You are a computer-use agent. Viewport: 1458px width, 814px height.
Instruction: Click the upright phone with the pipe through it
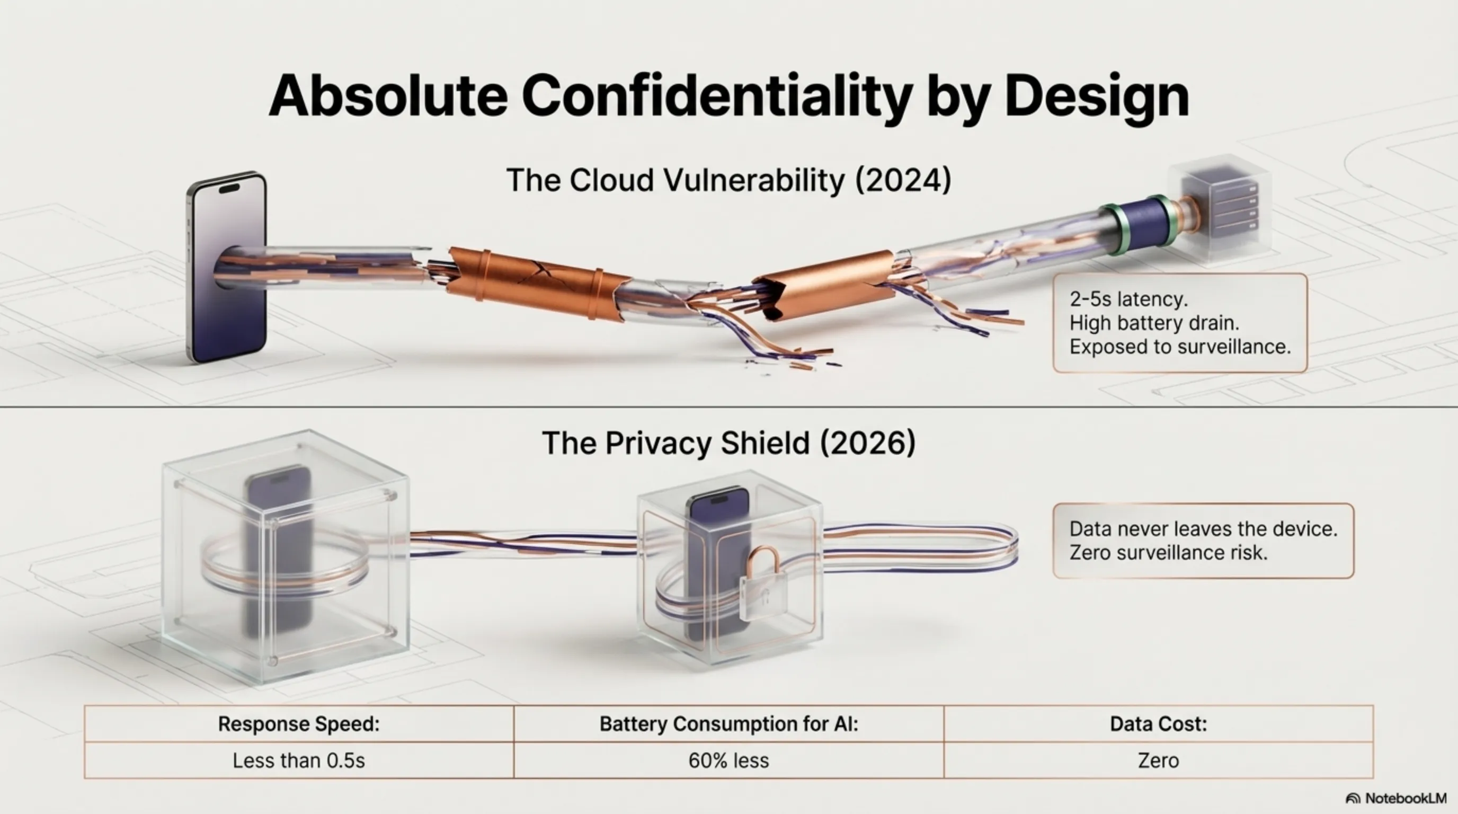226,266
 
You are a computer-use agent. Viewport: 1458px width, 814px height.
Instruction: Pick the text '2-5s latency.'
1128,298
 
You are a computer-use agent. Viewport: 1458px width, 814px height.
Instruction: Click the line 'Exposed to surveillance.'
1180,347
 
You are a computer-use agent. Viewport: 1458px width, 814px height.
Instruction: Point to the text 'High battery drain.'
1154,323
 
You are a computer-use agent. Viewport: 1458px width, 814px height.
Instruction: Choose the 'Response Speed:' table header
299,724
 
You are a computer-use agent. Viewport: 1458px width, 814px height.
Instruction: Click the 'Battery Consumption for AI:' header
729,724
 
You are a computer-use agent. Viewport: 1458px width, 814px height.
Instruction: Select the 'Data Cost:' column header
1159,724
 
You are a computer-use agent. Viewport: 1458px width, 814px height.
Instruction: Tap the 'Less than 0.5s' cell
299,760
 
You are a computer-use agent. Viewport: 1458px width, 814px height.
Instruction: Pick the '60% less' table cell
729,760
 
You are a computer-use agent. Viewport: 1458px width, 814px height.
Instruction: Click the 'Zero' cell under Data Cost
1159,760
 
